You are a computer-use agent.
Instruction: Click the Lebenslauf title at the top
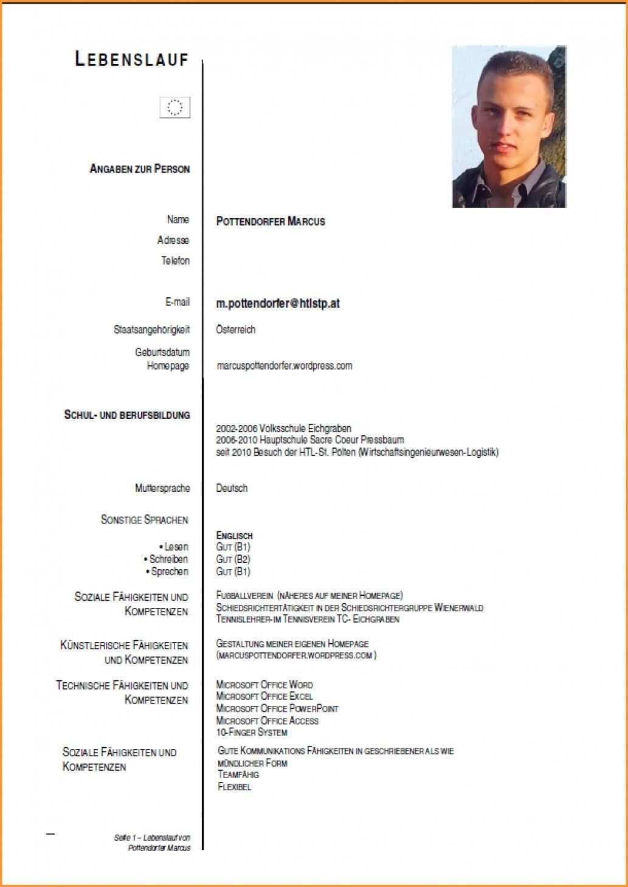tap(131, 59)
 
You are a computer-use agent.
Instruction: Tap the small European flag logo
tap(175, 108)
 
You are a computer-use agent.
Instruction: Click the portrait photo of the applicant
tap(509, 126)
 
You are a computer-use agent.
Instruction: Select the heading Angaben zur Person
tap(139, 169)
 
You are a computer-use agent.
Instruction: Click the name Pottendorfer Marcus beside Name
tap(271, 221)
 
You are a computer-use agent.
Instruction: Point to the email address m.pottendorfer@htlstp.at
tap(278, 303)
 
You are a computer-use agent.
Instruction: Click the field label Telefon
tap(175, 261)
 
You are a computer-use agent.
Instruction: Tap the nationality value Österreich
tap(236, 330)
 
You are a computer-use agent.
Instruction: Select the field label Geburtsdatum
tap(162, 352)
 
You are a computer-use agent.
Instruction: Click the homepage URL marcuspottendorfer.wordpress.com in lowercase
tap(284, 365)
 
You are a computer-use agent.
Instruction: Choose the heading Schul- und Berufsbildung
tap(127, 415)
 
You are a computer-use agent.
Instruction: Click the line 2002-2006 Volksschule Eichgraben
tap(283, 428)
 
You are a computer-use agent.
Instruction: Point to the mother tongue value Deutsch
tap(232, 488)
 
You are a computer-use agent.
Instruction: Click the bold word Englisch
tap(234, 536)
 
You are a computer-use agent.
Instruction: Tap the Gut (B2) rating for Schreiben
tap(233, 559)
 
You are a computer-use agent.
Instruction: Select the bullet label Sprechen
tap(170, 571)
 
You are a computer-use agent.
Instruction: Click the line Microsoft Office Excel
tap(264, 696)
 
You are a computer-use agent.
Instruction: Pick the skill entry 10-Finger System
tap(252, 732)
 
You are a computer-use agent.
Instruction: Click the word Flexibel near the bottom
tap(234, 787)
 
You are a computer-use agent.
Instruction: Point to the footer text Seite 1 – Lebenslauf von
tap(152, 838)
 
